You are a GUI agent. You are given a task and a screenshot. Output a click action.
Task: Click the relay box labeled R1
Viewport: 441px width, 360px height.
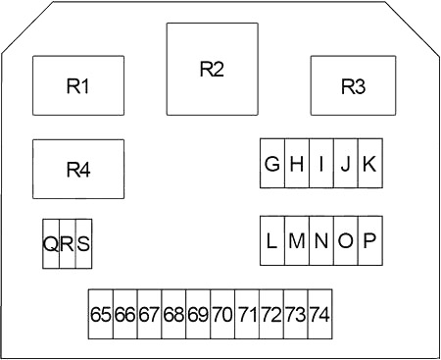pos(78,85)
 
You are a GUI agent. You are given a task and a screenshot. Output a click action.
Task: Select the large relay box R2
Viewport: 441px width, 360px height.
pos(213,69)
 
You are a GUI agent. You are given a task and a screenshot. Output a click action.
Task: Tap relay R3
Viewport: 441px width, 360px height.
pos(353,85)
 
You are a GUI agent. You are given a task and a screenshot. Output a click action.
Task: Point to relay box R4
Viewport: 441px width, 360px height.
pos(78,169)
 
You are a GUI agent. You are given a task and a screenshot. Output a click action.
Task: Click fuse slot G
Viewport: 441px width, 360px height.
pos(272,163)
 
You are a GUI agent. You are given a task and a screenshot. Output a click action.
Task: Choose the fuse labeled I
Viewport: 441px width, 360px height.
pos(321,163)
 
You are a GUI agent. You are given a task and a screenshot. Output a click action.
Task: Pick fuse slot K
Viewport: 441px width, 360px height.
pos(370,163)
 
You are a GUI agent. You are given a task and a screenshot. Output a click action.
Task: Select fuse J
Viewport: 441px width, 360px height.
pos(346,163)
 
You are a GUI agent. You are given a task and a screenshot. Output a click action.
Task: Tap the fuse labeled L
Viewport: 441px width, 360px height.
pos(272,240)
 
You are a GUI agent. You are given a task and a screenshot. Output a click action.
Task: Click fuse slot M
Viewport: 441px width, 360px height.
pos(297,240)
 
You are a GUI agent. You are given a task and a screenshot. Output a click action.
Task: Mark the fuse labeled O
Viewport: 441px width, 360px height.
pos(346,240)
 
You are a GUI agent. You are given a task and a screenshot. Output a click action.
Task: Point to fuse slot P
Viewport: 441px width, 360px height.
pos(370,240)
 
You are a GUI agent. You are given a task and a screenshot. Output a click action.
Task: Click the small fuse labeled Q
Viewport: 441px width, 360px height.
pos(51,244)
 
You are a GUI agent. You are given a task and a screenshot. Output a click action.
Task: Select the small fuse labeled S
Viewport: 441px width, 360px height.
pos(84,244)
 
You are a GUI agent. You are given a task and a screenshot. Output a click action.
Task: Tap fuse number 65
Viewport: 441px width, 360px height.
pos(101,314)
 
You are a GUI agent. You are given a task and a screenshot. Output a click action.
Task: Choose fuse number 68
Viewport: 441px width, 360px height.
pos(173,314)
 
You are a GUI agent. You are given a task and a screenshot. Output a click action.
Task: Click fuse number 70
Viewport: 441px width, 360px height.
pos(222,314)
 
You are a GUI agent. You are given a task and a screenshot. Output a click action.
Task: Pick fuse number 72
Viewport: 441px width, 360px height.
pos(271,314)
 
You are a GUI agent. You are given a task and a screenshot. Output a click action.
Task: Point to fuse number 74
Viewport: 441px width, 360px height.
pos(320,314)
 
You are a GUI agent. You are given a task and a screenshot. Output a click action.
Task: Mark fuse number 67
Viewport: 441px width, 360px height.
pos(150,314)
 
